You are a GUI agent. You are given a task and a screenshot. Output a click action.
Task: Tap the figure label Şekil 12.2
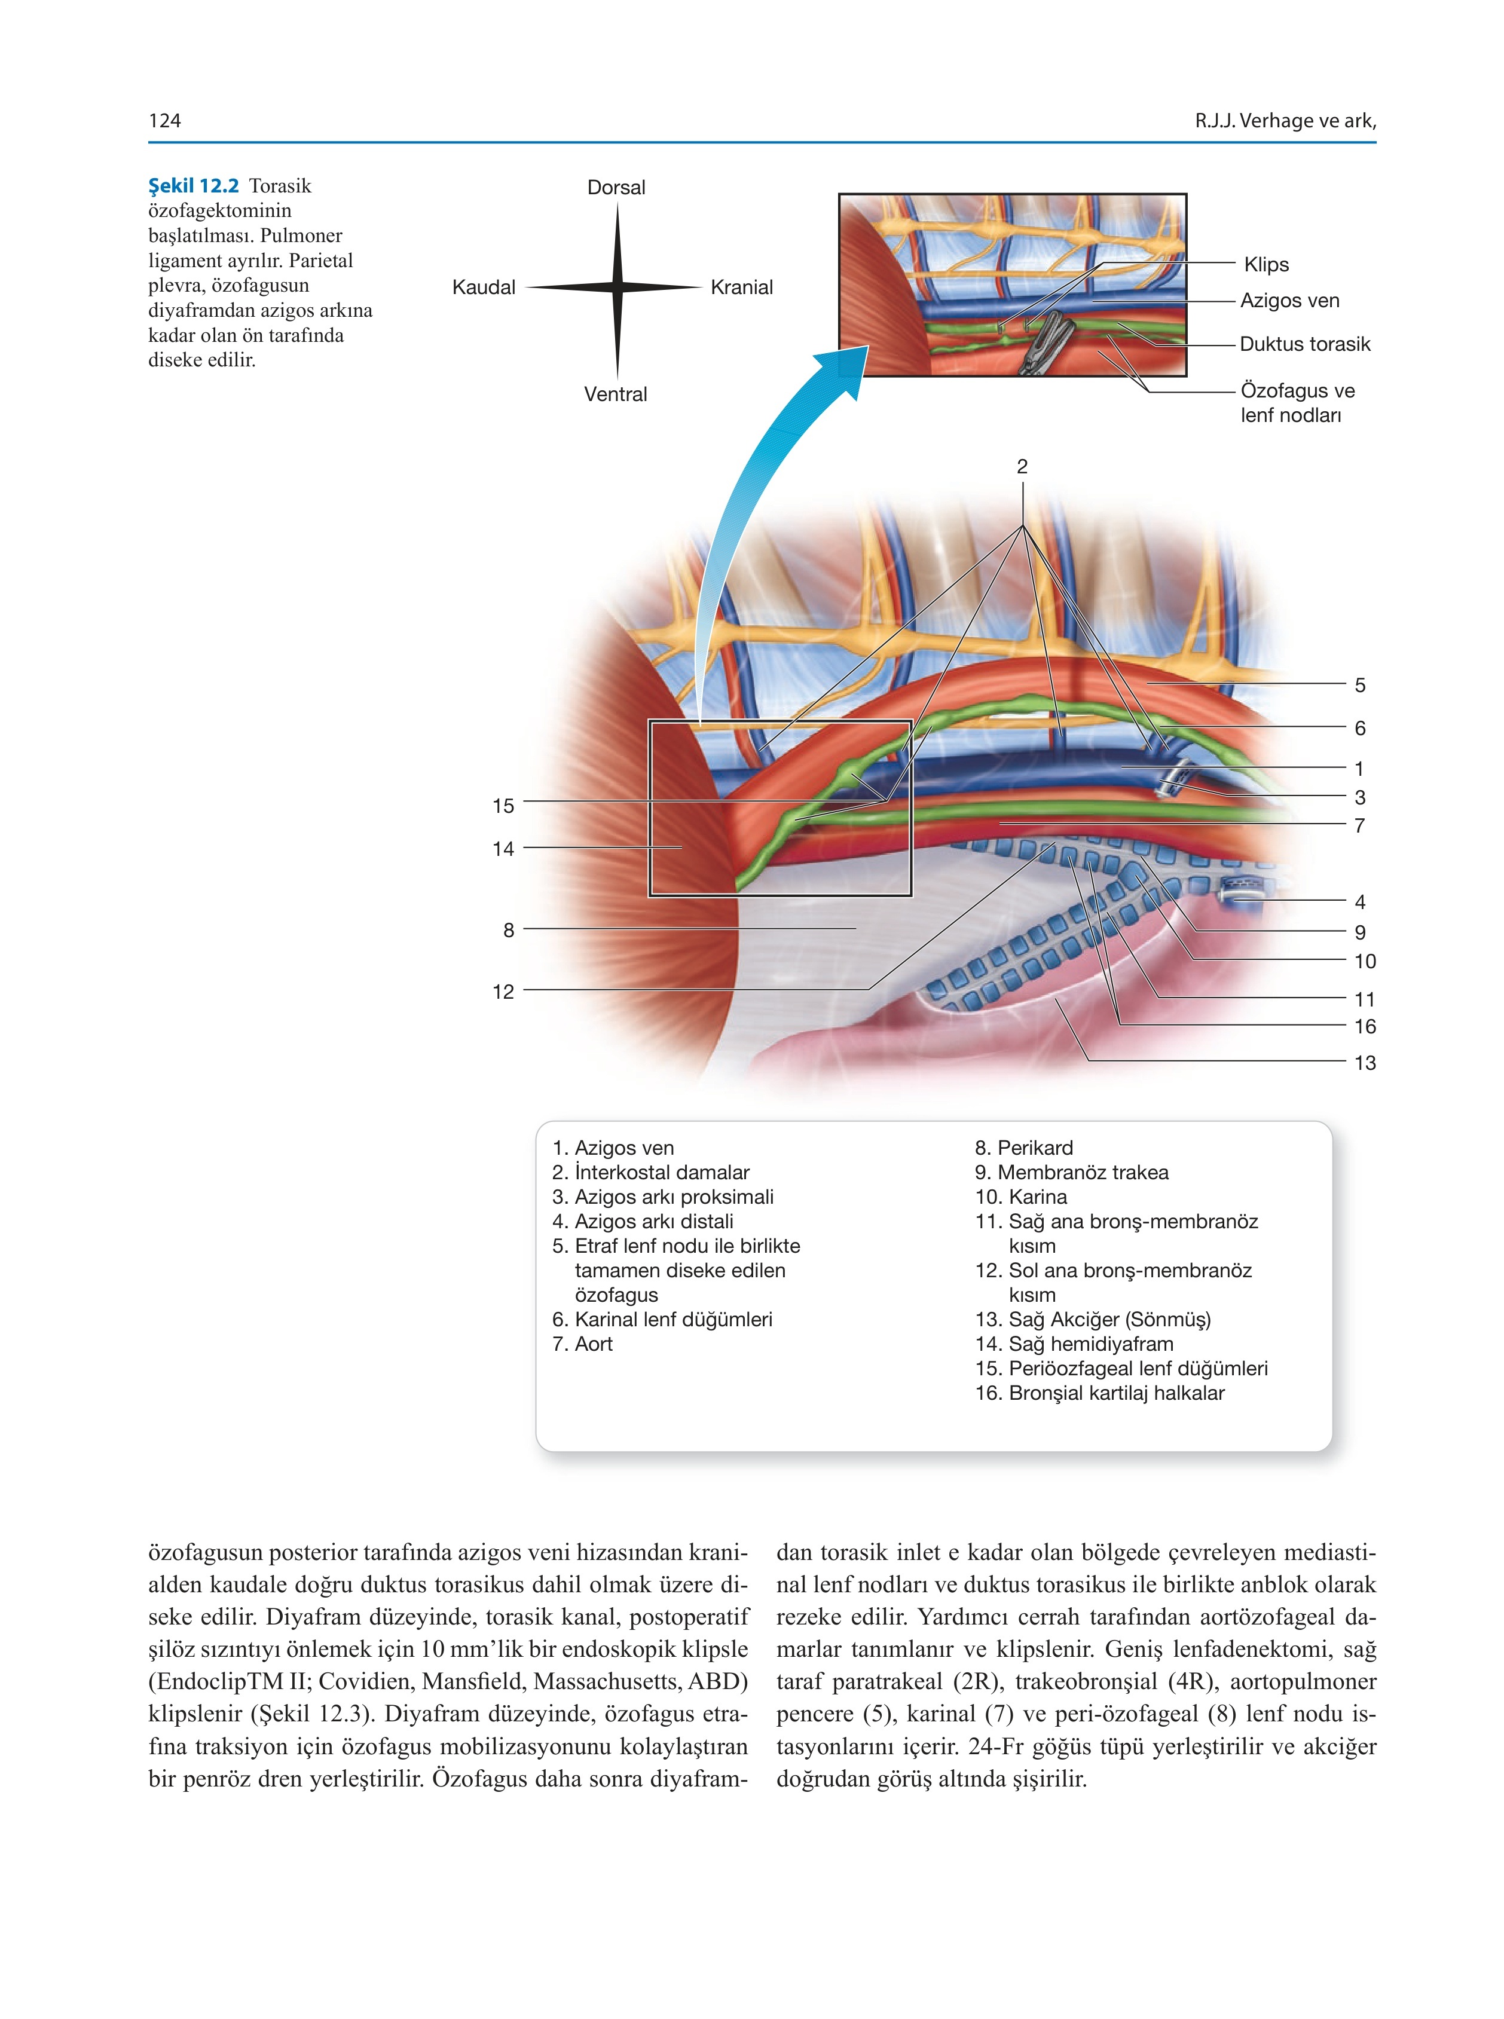pos(193,186)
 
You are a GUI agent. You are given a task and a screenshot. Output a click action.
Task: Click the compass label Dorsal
pos(616,188)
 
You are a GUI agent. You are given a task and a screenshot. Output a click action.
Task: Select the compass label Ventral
pos(616,394)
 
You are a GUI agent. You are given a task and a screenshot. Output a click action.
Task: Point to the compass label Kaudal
pos(484,287)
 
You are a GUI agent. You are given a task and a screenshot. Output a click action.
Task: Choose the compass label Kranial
pos(742,287)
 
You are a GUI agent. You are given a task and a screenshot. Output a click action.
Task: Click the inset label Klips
pos(1266,265)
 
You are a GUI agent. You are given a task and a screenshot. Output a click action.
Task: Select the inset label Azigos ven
pos(1290,301)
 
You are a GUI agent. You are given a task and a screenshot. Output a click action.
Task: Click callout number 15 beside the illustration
pos(503,806)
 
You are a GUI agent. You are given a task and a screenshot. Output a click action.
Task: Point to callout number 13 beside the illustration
pos(1365,1062)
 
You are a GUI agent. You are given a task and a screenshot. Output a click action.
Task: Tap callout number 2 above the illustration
pos(1022,466)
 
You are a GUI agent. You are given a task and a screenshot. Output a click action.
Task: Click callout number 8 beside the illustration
pos(509,930)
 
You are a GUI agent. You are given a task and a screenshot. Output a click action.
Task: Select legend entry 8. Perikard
pos(1024,1148)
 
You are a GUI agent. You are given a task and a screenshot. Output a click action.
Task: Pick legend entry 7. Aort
pos(583,1344)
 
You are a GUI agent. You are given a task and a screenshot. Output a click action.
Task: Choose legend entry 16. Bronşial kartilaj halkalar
pos(1100,1393)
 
